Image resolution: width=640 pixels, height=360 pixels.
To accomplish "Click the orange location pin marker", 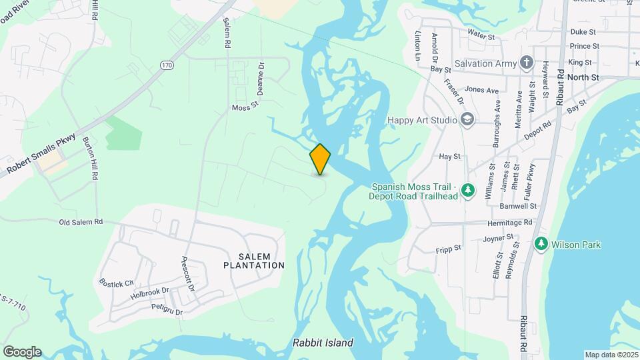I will click(320, 159).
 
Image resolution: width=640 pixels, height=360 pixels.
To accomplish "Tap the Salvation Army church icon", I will click(527, 63).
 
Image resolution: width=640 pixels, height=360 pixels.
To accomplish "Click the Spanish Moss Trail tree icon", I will click(469, 191).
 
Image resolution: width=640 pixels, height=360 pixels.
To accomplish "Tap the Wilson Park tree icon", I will click(541, 245).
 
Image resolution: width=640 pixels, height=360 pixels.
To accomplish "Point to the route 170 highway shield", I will click(166, 65).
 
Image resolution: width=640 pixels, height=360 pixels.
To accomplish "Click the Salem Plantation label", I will click(261, 261).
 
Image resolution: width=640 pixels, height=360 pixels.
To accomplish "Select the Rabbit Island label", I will click(323, 343).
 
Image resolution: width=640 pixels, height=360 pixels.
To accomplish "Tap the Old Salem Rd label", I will click(81, 222).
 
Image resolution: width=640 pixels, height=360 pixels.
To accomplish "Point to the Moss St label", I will click(245, 107).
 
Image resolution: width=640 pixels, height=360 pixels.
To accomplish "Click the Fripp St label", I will click(448, 248).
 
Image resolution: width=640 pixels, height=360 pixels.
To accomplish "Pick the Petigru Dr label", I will click(167, 307).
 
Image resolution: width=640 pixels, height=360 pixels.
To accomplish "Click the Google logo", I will click(22, 352).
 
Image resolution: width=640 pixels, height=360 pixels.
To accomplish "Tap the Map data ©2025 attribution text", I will click(610, 355).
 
